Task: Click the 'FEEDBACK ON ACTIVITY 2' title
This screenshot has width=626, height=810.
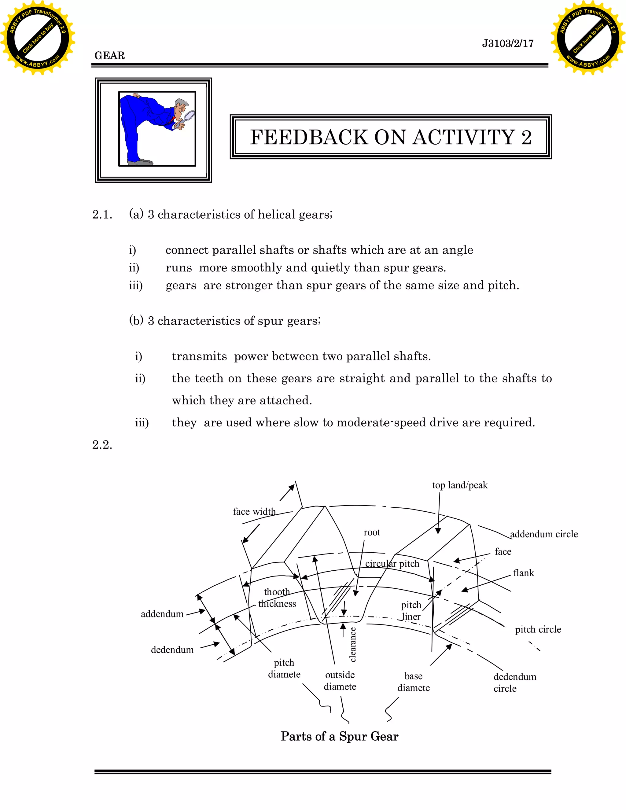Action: tap(391, 137)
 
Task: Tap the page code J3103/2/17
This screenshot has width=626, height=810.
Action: tap(507, 43)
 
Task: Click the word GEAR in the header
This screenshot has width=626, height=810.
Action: tap(109, 56)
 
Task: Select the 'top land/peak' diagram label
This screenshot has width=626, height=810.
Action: tap(459, 485)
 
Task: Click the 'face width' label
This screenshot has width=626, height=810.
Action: tap(254, 511)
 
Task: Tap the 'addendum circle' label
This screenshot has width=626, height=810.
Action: tap(544, 534)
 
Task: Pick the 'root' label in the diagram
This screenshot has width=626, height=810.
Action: tap(372, 532)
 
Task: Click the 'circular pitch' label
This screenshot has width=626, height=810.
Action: tap(392, 564)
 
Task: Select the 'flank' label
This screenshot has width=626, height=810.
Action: tap(523, 573)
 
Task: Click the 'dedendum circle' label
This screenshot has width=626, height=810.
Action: tap(514, 683)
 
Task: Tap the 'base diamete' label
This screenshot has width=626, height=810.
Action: tap(413, 682)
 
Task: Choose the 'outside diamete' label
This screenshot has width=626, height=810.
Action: tap(340, 681)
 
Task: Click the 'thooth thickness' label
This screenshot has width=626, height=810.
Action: tap(277, 598)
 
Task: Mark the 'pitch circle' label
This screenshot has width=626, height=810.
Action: tap(538, 629)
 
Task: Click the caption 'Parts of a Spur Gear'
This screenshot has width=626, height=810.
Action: tap(339, 736)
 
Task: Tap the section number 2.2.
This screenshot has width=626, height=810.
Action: tap(102, 444)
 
